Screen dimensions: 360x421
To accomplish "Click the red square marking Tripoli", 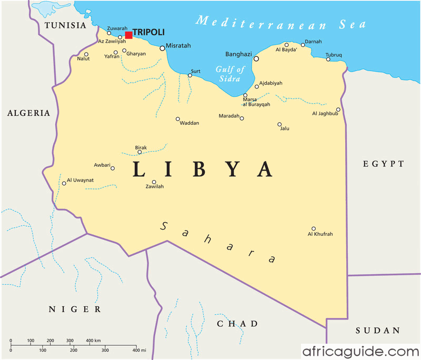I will click(128, 35).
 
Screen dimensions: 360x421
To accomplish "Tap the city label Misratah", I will click(178, 46).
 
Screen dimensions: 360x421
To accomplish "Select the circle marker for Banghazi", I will click(256, 58).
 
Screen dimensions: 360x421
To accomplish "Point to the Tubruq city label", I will click(334, 55).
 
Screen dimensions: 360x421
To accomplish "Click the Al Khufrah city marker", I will click(314, 228).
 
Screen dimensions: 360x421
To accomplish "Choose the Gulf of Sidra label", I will click(230, 74).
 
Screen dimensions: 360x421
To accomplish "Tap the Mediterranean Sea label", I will click(280, 23).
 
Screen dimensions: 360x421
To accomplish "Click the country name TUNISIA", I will click(65, 26).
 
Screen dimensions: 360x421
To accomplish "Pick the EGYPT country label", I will click(383, 164).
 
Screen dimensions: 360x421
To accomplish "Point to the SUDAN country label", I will click(378, 331).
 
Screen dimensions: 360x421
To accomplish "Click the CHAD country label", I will click(237, 324).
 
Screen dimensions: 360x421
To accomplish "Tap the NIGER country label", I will click(75, 309).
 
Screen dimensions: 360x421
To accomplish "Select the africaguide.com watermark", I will click(360, 351).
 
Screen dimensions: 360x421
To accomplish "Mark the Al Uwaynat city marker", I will click(64, 183).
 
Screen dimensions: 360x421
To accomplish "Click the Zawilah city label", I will click(154, 187).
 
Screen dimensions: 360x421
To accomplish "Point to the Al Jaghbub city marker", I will click(338, 109).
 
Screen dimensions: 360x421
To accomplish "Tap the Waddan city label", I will click(189, 123).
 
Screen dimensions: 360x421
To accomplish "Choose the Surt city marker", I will click(190, 75).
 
